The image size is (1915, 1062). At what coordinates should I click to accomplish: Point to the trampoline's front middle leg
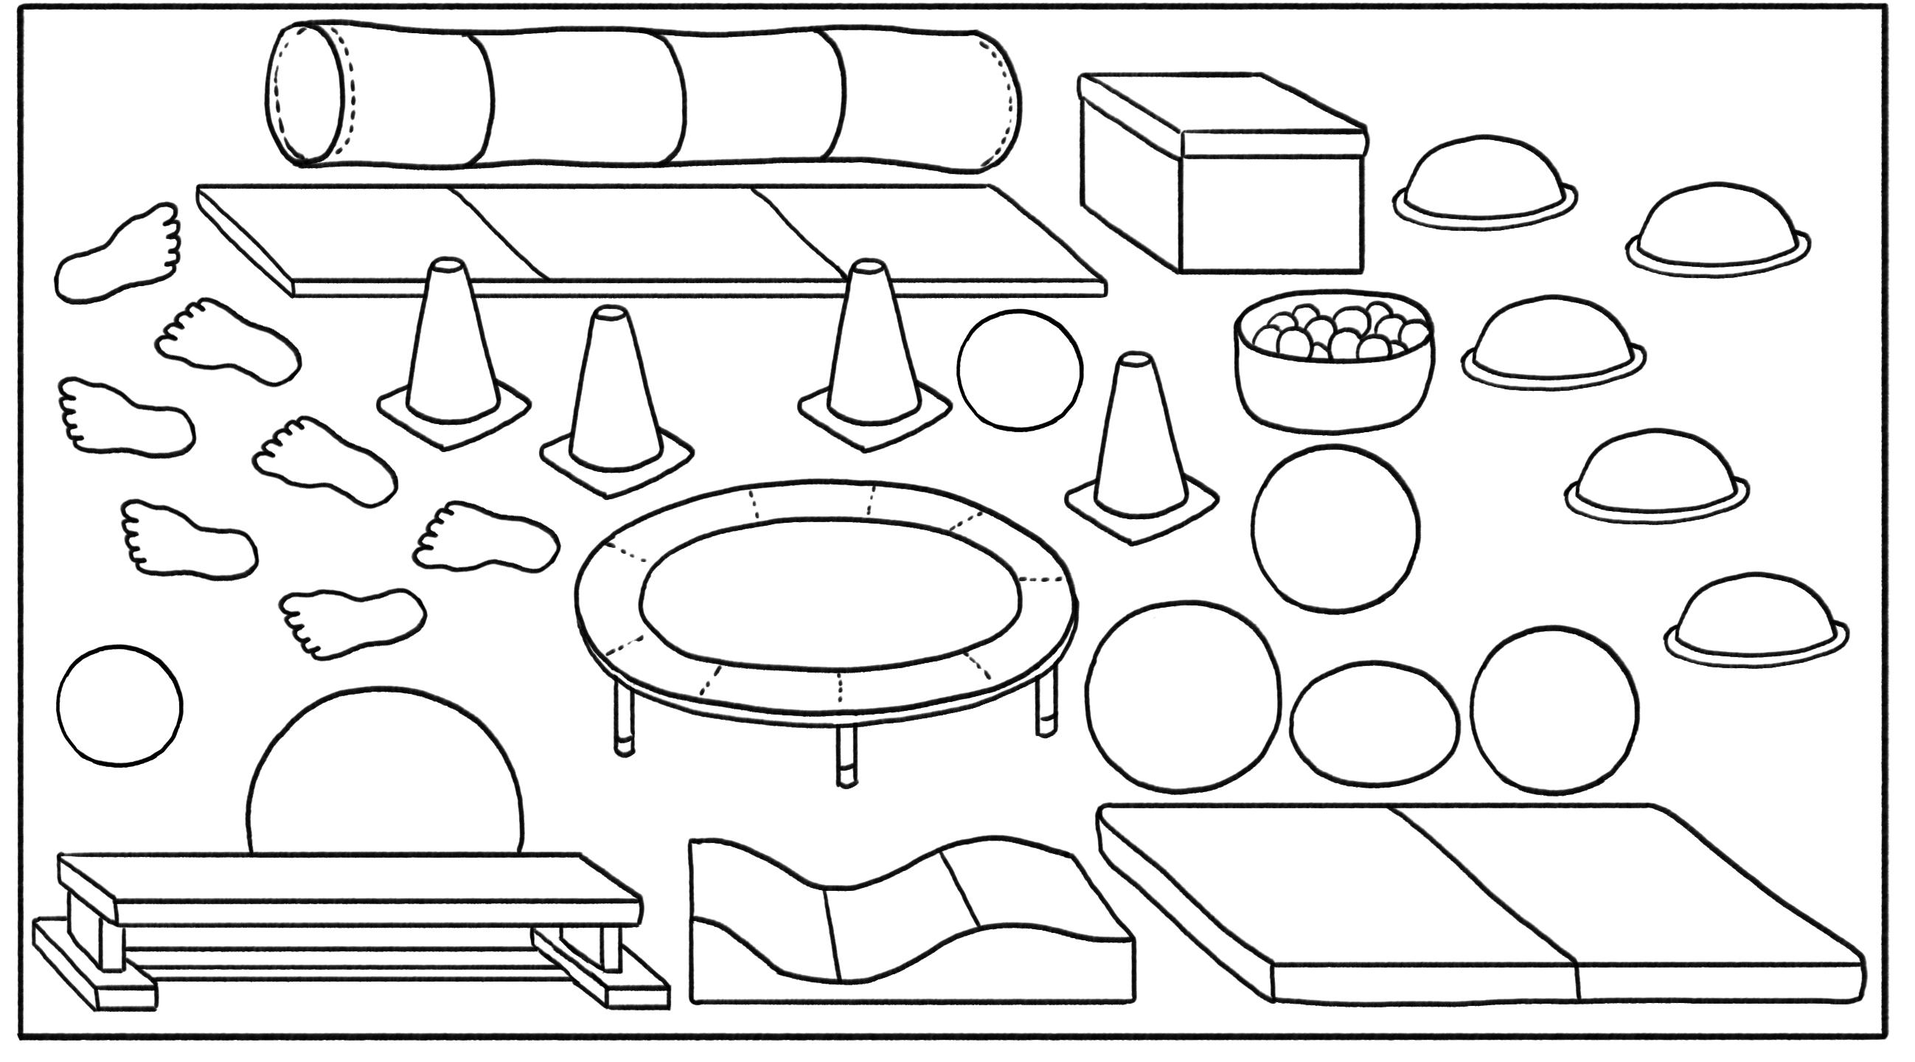pos(846,755)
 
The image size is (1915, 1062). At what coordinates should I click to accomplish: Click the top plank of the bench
pos(350,881)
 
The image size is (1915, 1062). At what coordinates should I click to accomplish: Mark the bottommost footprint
pos(353,621)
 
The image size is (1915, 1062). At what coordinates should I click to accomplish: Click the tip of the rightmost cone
pos(1134,361)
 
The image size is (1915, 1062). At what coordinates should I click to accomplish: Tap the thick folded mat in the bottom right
pos(1479,900)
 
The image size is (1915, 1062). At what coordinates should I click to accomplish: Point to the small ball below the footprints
pos(119,705)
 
